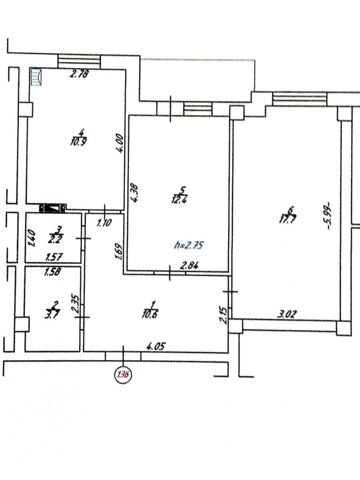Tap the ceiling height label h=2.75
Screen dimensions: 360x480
tap(188, 245)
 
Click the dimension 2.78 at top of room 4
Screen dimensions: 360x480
tap(79, 74)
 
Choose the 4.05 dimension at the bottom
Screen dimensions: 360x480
tap(156, 347)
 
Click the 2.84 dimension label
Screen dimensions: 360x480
tap(189, 266)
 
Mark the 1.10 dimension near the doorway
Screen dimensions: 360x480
tap(104, 223)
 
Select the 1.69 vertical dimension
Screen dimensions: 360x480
tap(119, 251)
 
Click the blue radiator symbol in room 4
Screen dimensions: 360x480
tap(36, 77)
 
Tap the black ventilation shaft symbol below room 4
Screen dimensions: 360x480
tap(53, 208)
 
